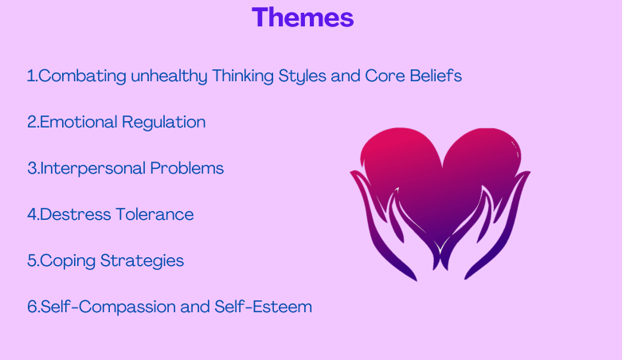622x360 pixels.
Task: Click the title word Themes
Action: coord(303,18)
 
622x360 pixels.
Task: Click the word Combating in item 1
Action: coord(82,76)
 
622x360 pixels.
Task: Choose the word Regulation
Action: coord(164,123)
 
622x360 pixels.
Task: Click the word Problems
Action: coord(187,168)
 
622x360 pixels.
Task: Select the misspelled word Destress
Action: coord(76,214)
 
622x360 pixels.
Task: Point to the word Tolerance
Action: coord(155,214)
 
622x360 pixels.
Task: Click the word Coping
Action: coord(68,261)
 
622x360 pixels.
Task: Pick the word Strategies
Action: coord(142,261)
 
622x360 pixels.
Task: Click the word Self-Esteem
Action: coord(263,307)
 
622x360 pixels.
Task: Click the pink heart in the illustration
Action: coord(440,174)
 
